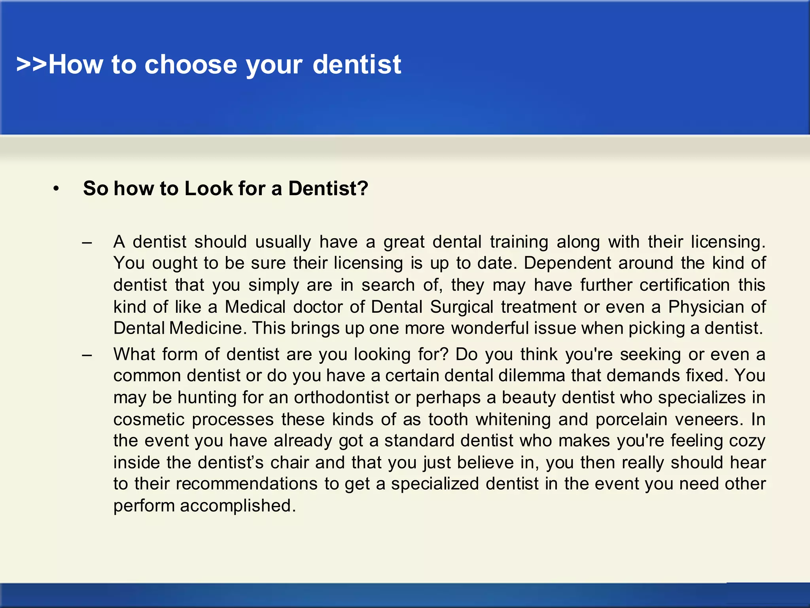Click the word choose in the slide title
pyautogui.click(x=191, y=65)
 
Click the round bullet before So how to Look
pyautogui.click(x=56, y=189)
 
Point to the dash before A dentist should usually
pyautogui.click(x=87, y=242)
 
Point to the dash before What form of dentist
pyautogui.click(x=87, y=355)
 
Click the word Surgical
pyautogui.click(x=462, y=307)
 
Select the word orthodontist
pyautogui.click(x=341, y=397)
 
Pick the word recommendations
pyautogui.click(x=246, y=484)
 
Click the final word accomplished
pyautogui.click(x=238, y=506)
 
